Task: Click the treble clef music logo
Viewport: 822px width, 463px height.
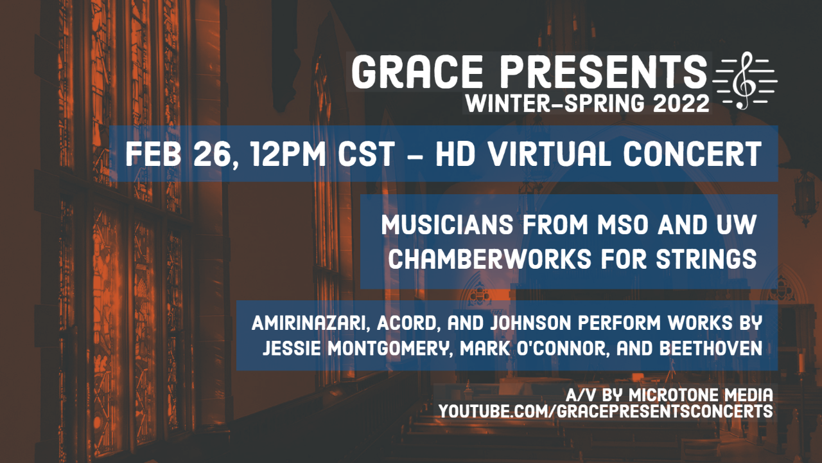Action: pyautogui.click(x=745, y=80)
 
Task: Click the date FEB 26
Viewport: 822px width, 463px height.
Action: pyautogui.click(x=179, y=154)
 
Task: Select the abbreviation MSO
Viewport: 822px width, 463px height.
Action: pyautogui.click(x=622, y=224)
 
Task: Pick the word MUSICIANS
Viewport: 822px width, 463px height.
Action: pyautogui.click(x=447, y=224)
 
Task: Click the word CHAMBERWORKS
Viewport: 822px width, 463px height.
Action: pyautogui.click(x=490, y=259)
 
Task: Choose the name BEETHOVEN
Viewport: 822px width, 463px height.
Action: pyautogui.click(x=711, y=349)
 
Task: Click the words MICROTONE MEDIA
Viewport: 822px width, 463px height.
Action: pyautogui.click(x=701, y=395)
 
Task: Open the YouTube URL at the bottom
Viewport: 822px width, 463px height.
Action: pyautogui.click(x=606, y=411)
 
